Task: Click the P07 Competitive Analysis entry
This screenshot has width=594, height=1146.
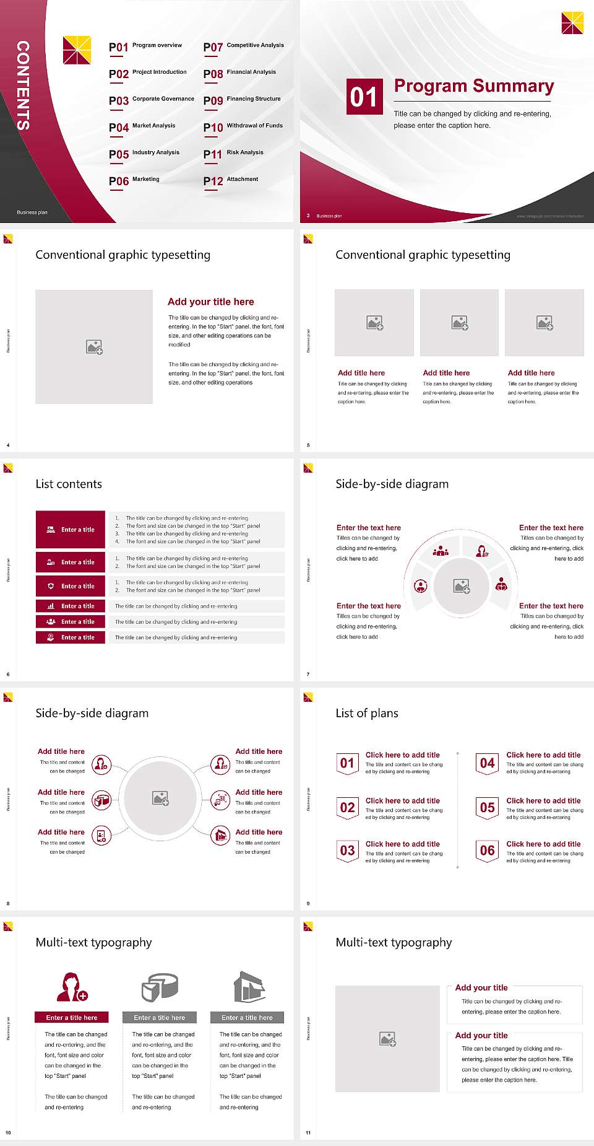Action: [244, 46]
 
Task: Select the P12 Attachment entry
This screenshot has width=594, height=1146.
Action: [231, 180]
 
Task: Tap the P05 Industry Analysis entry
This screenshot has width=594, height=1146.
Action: [144, 154]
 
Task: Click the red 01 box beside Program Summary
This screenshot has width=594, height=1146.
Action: [364, 97]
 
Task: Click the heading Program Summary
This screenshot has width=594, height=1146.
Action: [473, 86]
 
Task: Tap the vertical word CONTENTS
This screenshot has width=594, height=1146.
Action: [23, 85]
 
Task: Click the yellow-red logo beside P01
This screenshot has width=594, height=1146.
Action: [77, 50]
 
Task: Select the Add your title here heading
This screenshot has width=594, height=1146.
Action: [210, 302]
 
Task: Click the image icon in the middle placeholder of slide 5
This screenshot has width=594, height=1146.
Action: [459, 323]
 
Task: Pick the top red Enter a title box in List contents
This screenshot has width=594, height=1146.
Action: [71, 530]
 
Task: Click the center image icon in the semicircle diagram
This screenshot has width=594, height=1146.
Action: [462, 586]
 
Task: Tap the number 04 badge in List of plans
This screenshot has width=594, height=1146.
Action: [488, 763]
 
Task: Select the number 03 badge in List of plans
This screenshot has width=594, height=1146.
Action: [347, 851]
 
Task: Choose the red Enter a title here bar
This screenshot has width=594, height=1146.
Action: [72, 1017]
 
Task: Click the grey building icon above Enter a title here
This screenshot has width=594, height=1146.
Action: [249, 987]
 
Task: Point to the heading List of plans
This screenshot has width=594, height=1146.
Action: [367, 713]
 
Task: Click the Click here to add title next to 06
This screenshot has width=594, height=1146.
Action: [543, 844]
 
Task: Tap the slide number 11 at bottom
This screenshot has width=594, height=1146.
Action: [308, 1133]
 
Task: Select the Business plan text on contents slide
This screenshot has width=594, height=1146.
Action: [32, 212]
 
